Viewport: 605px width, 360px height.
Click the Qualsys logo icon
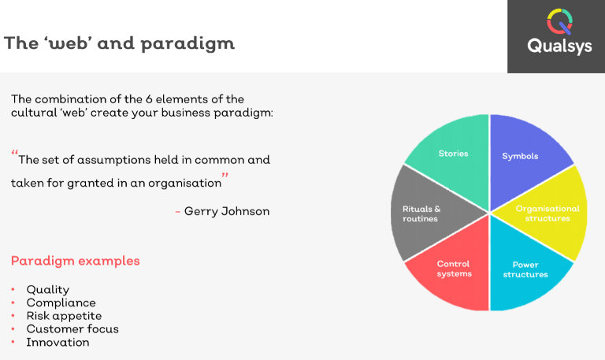coord(559,21)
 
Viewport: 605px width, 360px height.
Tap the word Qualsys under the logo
coord(559,46)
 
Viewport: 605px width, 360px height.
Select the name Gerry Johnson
coord(227,211)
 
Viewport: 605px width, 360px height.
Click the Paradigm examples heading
coord(76,261)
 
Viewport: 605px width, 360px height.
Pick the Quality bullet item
coord(48,289)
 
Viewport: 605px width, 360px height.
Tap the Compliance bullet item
coord(61,302)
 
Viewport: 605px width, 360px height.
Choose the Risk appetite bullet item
coord(64,316)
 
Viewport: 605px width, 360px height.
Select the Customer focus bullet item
coord(72,328)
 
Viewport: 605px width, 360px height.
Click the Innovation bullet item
coord(58,342)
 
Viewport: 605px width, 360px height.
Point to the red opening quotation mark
coord(15,152)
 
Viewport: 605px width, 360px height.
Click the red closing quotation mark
coord(225,176)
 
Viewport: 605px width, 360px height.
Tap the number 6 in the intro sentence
coord(149,99)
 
